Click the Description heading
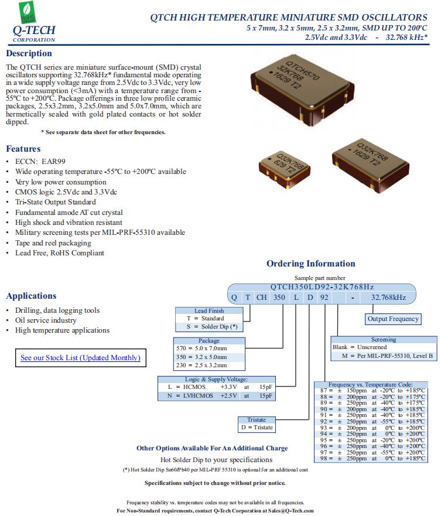click(x=29, y=54)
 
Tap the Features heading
click(x=23, y=149)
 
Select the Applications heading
click(x=31, y=296)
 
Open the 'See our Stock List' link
click(x=80, y=358)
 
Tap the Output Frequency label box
click(x=393, y=319)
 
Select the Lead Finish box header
click(x=209, y=310)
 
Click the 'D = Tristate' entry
click(x=257, y=428)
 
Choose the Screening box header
click(x=383, y=340)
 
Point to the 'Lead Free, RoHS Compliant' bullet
click(x=60, y=253)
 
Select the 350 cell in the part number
click(x=279, y=298)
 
